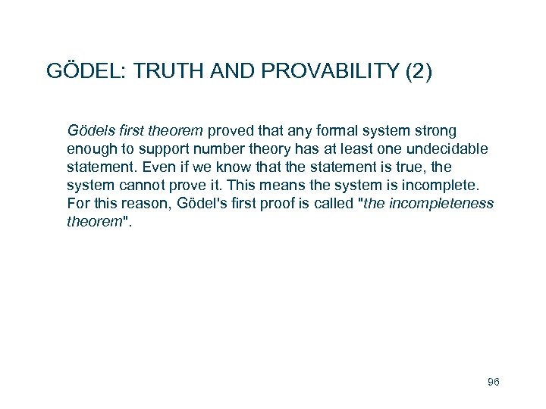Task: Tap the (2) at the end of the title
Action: click(419, 71)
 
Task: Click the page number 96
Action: click(493, 382)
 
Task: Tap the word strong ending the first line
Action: click(435, 131)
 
